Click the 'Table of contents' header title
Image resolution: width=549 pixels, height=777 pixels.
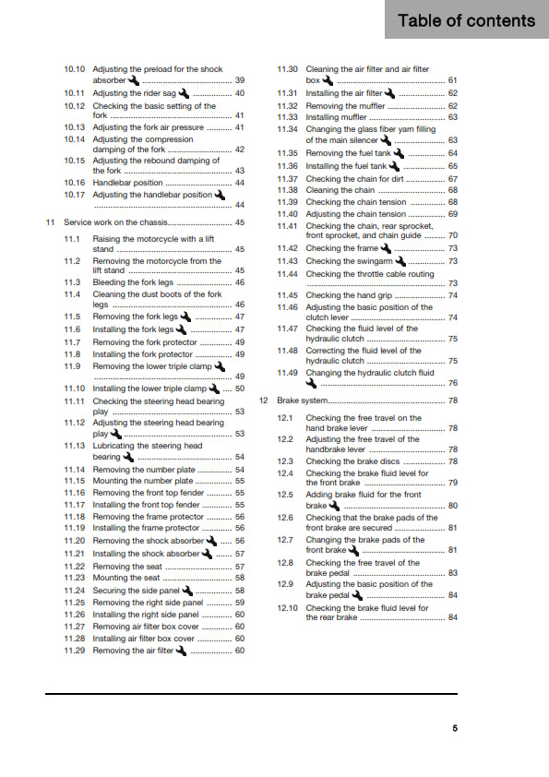(466, 20)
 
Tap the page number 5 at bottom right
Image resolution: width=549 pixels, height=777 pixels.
(454, 728)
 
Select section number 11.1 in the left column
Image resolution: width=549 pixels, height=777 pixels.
(72, 238)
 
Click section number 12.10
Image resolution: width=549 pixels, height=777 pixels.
(288, 608)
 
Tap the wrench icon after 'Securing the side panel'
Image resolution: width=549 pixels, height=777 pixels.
(188, 590)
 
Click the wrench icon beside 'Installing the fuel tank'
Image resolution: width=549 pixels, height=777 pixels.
(395, 166)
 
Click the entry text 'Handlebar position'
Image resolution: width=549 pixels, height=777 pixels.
(127, 183)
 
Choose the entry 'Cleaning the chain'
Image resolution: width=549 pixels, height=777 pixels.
(340, 190)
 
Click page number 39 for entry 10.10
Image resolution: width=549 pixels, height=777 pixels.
(240, 80)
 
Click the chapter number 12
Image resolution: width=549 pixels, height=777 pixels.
(264, 400)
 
